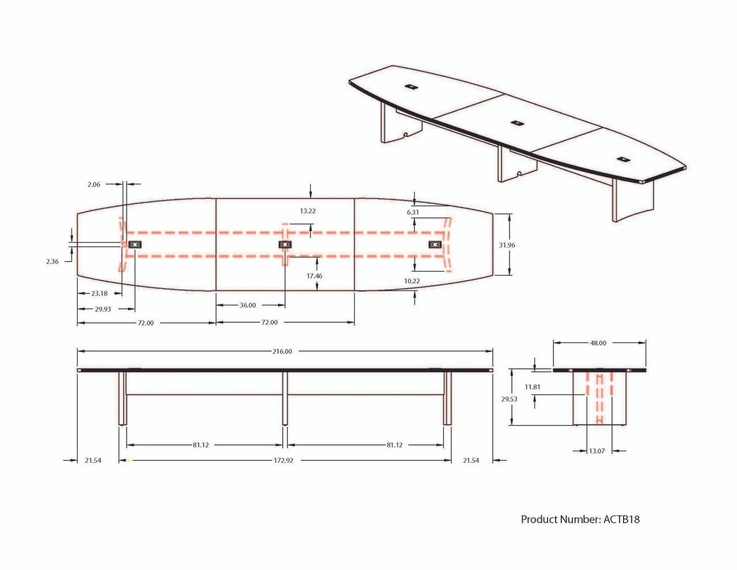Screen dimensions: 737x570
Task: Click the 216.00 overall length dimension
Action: tap(282, 352)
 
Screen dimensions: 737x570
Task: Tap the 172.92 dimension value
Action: tap(283, 460)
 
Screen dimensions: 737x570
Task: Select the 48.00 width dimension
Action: tap(598, 343)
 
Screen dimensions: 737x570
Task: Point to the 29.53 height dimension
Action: tap(509, 399)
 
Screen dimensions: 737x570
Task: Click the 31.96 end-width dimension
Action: tap(507, 245)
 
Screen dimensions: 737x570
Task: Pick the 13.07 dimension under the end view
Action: tap(597, 451)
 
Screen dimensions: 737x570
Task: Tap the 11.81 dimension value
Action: tap(532, 387)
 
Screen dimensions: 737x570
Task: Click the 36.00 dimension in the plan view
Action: tap(248, 305)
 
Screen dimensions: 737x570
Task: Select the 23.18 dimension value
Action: tap(100, 293)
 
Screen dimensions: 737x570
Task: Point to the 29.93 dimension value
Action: tap(102, 309)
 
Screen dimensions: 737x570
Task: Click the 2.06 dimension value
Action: tap(94, 184)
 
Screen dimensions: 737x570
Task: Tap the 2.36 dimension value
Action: tap(52, 262)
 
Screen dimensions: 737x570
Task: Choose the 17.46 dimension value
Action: tap(314, 276)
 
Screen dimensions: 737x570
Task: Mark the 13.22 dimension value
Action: tap(307, 211)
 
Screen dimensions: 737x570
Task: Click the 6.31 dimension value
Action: tap(413, 212)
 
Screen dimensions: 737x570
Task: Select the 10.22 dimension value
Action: tap(412, 281)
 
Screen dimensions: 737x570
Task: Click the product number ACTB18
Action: tap(580, 519)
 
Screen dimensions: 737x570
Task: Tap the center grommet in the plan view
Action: tap(285, 244)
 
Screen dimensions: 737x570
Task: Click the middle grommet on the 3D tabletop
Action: tap(517, 123)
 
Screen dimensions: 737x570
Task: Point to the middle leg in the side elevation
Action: tap(285, 398)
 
